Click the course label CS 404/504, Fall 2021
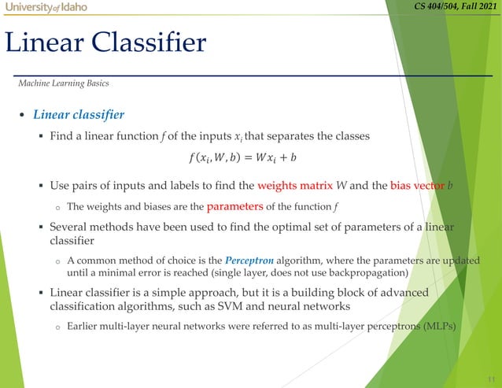456,8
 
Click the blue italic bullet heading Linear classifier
78,115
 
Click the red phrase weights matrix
290,187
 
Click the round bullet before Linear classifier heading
22,116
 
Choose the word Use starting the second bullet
61,187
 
